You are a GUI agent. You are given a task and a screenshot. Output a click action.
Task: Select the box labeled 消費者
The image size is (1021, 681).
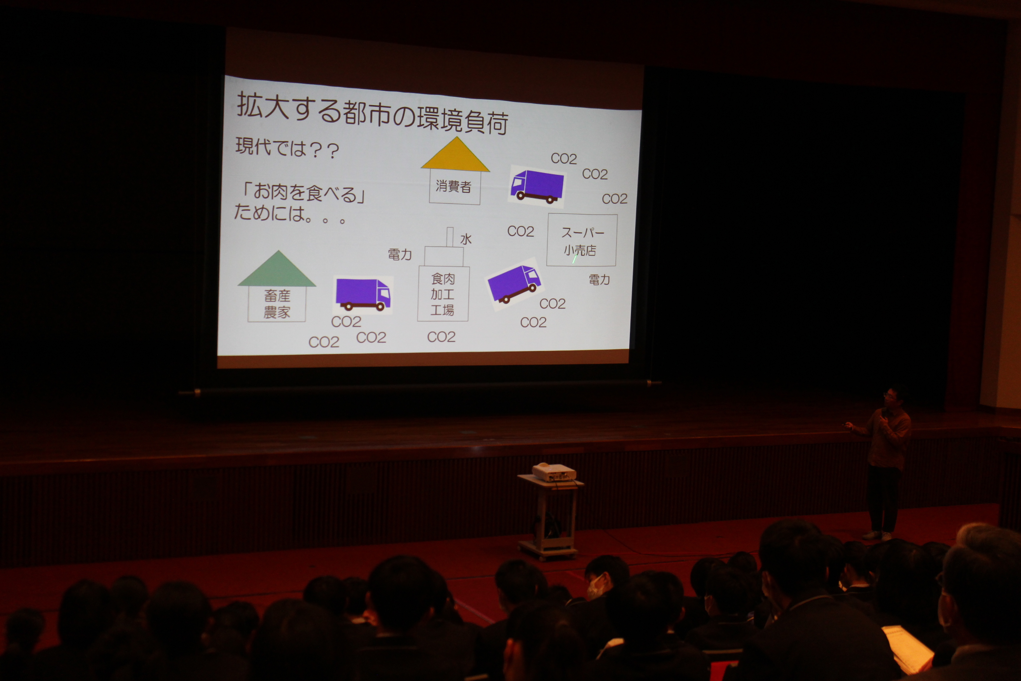coord(454,187)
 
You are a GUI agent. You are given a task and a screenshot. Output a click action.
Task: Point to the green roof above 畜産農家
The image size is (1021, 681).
coord(277,269)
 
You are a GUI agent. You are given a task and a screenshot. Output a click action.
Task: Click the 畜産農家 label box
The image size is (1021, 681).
coord(277,304)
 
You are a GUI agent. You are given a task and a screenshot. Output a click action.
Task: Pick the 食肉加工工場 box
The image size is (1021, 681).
coord(443,294)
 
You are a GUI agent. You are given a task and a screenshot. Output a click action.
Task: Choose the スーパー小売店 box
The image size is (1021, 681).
coord(582,240)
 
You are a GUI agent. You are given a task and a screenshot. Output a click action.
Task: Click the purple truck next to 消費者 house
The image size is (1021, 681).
coord(537,186)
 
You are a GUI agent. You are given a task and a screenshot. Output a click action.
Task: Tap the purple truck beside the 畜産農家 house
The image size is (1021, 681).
coord(363,294)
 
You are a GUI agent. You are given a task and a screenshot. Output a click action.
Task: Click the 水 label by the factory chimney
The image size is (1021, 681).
coord(466,239)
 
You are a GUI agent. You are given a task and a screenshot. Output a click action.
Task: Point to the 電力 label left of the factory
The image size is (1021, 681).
coord(400,254)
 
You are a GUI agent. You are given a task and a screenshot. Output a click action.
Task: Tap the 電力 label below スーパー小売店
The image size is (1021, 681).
coord(599,280)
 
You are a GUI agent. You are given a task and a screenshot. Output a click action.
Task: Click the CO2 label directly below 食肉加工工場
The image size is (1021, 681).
coord(441,337)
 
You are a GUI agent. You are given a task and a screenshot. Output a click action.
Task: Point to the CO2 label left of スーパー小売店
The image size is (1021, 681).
coord(521,231)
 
